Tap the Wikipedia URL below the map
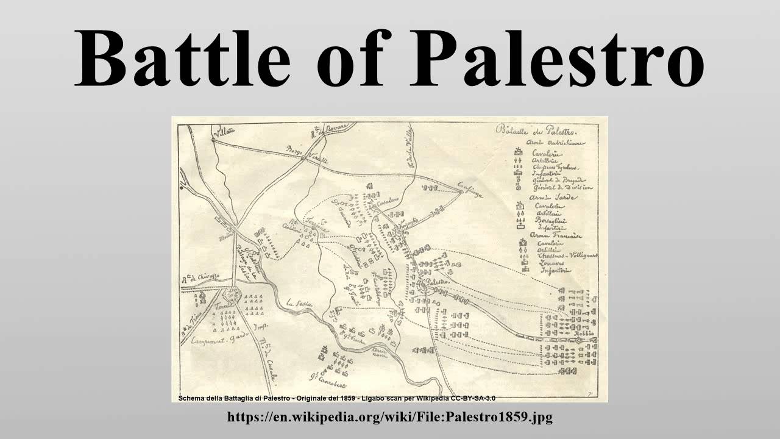point(389,418)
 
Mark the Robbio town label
point(582,334)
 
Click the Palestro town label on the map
point(437,282)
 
